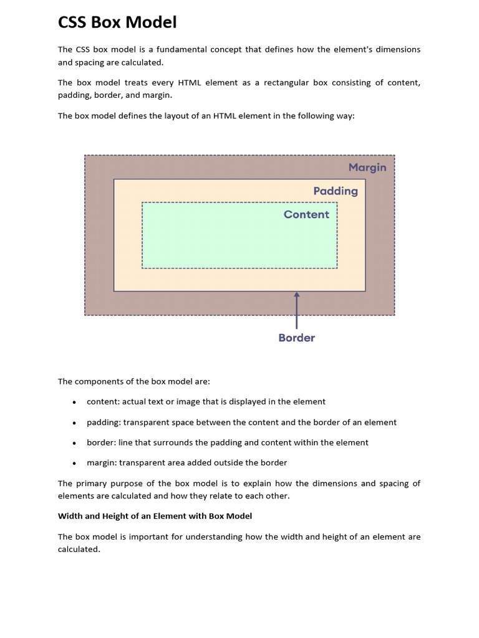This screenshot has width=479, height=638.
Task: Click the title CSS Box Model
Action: coord(117,22)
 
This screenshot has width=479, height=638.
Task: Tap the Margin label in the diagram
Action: coord(367,167)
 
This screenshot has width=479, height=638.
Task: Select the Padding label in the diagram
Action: coord(336,191)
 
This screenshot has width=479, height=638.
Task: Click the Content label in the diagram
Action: coord(306,214)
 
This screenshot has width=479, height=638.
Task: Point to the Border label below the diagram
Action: coord(296,338)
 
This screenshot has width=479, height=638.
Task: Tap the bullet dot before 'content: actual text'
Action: coord(74,402)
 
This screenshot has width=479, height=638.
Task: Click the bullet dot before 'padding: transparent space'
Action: coord(74,423)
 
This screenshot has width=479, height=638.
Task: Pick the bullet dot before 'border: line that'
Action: coord(74,443)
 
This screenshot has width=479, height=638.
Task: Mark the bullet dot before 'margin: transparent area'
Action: coord(74,463)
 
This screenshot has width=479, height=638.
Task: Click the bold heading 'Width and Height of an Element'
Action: coord(155,516)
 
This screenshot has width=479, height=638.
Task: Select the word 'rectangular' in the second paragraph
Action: coord(288,82)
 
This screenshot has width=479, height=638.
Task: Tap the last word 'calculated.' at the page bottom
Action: coord(79,550)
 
